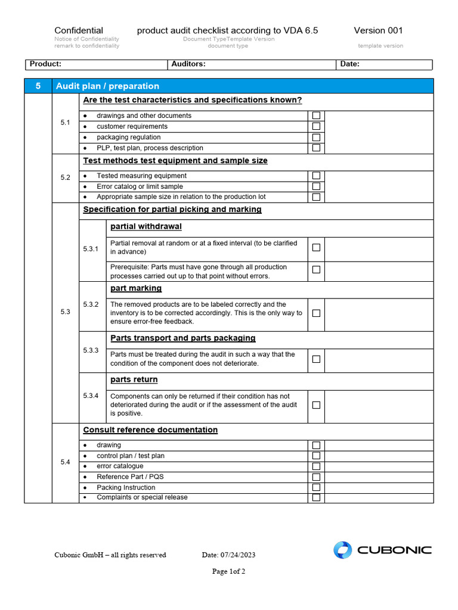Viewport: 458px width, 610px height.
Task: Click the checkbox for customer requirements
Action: [x=316, y=126]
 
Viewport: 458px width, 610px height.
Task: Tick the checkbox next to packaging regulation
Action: [x=316, y=137]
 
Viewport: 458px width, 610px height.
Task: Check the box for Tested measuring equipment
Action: [x=316, y=176]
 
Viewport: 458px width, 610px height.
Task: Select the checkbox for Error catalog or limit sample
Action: [x=316, y=186]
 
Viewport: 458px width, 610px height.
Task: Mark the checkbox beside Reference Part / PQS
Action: [x=316, y=477]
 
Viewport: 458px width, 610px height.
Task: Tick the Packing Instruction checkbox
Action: [x=316, y=487]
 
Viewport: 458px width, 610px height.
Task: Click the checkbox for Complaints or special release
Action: [x=316, y=497]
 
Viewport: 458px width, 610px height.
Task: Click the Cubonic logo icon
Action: [x=343, y=550]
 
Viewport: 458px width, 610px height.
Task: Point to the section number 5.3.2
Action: [x=91, y=304]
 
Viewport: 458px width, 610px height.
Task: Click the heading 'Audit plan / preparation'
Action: [x=107, y=86]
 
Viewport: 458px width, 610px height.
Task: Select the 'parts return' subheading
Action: [x=134, y=379]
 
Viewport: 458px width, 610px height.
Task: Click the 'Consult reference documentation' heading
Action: [x=150, y=430]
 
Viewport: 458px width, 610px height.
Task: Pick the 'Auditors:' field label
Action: [x=188, y=64]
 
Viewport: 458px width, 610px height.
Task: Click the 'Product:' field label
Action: [x=45, y=64]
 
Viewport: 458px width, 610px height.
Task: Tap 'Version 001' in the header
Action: [x=378, y=30]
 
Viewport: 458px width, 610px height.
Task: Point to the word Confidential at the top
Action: [x=79, y=30]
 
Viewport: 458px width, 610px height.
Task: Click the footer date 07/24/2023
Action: [x=228, y=555]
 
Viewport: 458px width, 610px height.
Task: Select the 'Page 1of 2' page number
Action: [x=229, y=572]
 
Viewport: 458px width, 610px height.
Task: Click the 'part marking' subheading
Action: [x=136, y=288]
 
